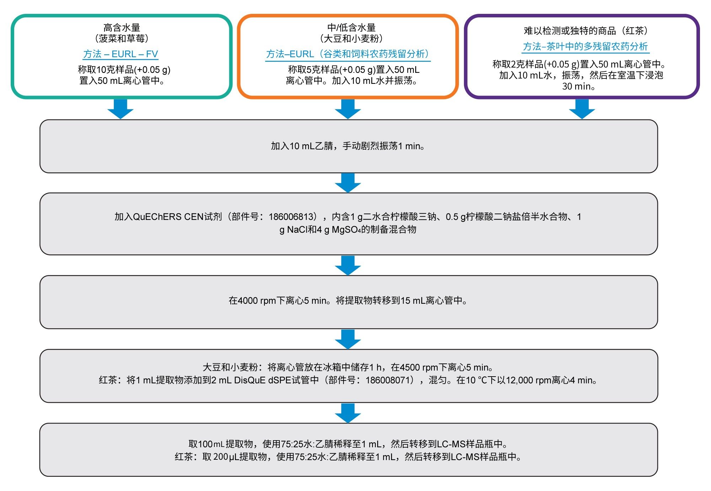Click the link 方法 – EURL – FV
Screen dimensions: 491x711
click(x=121, y=54)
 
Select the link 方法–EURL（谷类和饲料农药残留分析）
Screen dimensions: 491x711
click(x=348, y=54)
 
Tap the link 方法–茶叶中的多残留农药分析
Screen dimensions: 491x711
click(x=585, y=47)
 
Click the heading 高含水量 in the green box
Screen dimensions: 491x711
click(x=122, y=27)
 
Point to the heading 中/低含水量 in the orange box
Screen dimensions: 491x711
click(x=351, y=27)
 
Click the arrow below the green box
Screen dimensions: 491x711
click(x=121, y=109)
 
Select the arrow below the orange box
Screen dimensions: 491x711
click(x=348, y=109)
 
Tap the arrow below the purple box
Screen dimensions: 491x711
click(x=582, y=109)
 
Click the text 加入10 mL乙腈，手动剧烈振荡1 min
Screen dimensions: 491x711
click(x=348, y=146)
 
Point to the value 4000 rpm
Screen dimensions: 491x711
click(x=257, y=301)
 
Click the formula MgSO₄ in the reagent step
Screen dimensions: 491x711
click(x=346, y=230)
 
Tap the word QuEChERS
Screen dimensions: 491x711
click(x=153, y=217)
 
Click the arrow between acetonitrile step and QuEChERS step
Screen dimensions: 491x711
click(x=348, y=183)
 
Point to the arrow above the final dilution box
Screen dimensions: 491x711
click(x=348, y=413)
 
